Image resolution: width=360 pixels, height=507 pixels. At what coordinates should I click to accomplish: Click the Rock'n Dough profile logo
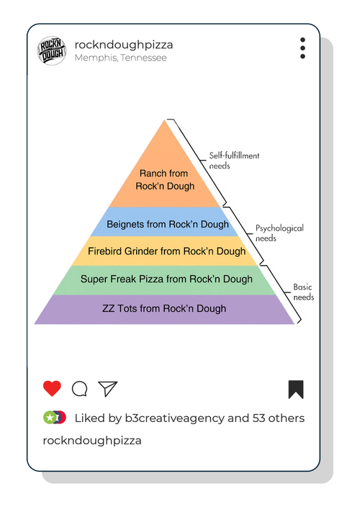[x=52, y=50]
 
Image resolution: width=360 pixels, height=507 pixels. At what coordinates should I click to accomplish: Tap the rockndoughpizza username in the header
[x=124, y=45]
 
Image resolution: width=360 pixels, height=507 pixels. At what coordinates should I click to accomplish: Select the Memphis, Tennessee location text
[x=120, y=58]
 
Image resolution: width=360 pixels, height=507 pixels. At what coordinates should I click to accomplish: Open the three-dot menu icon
[x=302, y=48]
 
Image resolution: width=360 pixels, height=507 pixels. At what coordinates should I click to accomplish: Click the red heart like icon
[x=52, y=388]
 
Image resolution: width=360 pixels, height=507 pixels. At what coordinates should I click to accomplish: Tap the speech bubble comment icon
[x=79, y=389]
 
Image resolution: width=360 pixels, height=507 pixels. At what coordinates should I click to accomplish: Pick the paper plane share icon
[x=107, y=389]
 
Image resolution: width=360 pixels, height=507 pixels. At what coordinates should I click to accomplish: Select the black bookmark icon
[x=296, y=390]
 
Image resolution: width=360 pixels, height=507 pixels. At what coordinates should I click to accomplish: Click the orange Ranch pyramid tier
[x=164, y=174]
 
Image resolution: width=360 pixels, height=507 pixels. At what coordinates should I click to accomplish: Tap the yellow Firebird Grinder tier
[x=164, y=251]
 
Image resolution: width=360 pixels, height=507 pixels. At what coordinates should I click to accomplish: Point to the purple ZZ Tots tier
[x=164, y=310]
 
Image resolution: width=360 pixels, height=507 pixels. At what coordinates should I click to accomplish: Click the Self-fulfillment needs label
[x=234, y=161]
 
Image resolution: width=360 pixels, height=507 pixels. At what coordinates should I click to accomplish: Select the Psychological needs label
[x=279, y=233]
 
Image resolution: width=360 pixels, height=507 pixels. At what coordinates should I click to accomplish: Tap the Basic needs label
[x=303, y=292]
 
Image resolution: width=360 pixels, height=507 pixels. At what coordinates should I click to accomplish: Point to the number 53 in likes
[x=259, y=418]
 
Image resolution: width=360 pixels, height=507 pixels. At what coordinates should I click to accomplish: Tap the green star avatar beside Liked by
[x=50, y=418]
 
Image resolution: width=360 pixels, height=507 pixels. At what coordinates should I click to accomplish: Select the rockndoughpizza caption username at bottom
[x=92, y=441]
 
